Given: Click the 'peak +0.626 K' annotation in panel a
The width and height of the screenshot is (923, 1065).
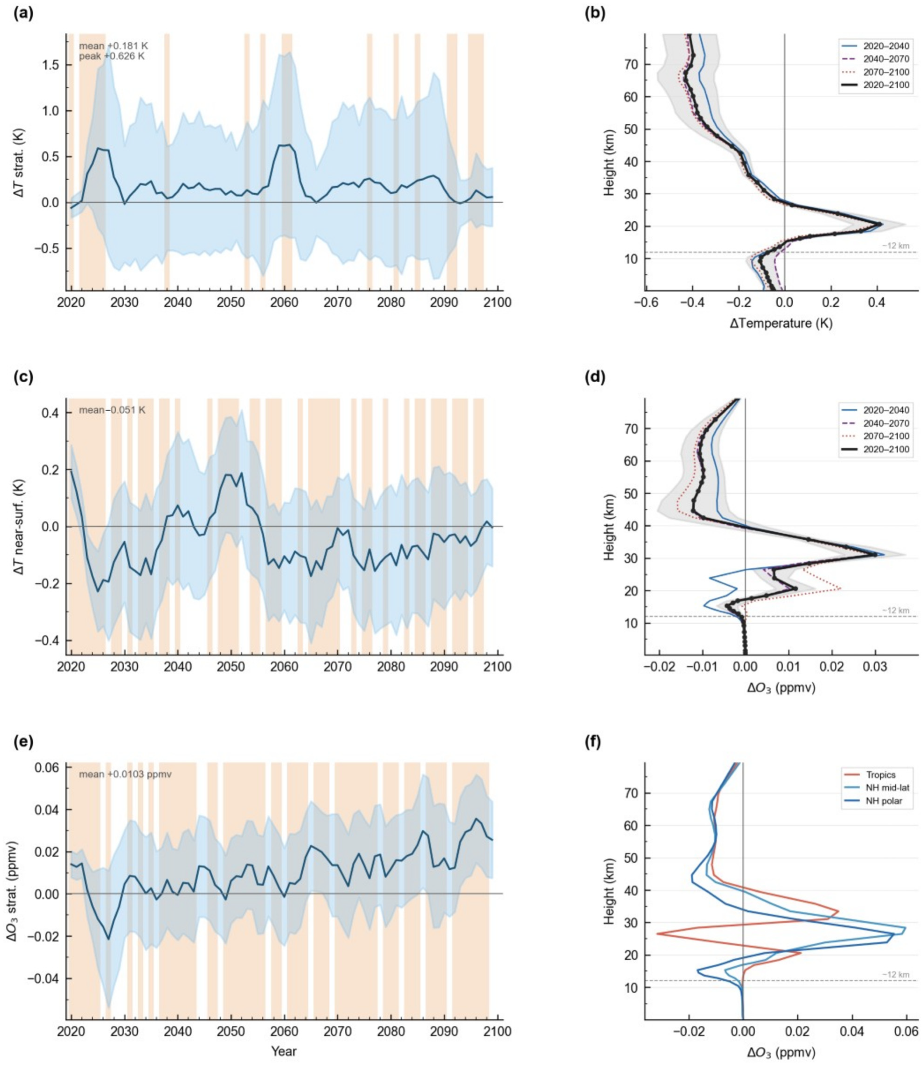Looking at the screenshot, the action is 112,56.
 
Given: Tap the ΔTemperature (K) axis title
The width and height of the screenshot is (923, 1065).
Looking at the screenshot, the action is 781,323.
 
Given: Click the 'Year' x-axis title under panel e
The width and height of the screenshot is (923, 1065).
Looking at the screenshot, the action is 284,1051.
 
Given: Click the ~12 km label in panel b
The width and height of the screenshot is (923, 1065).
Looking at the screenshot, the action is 896,246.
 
